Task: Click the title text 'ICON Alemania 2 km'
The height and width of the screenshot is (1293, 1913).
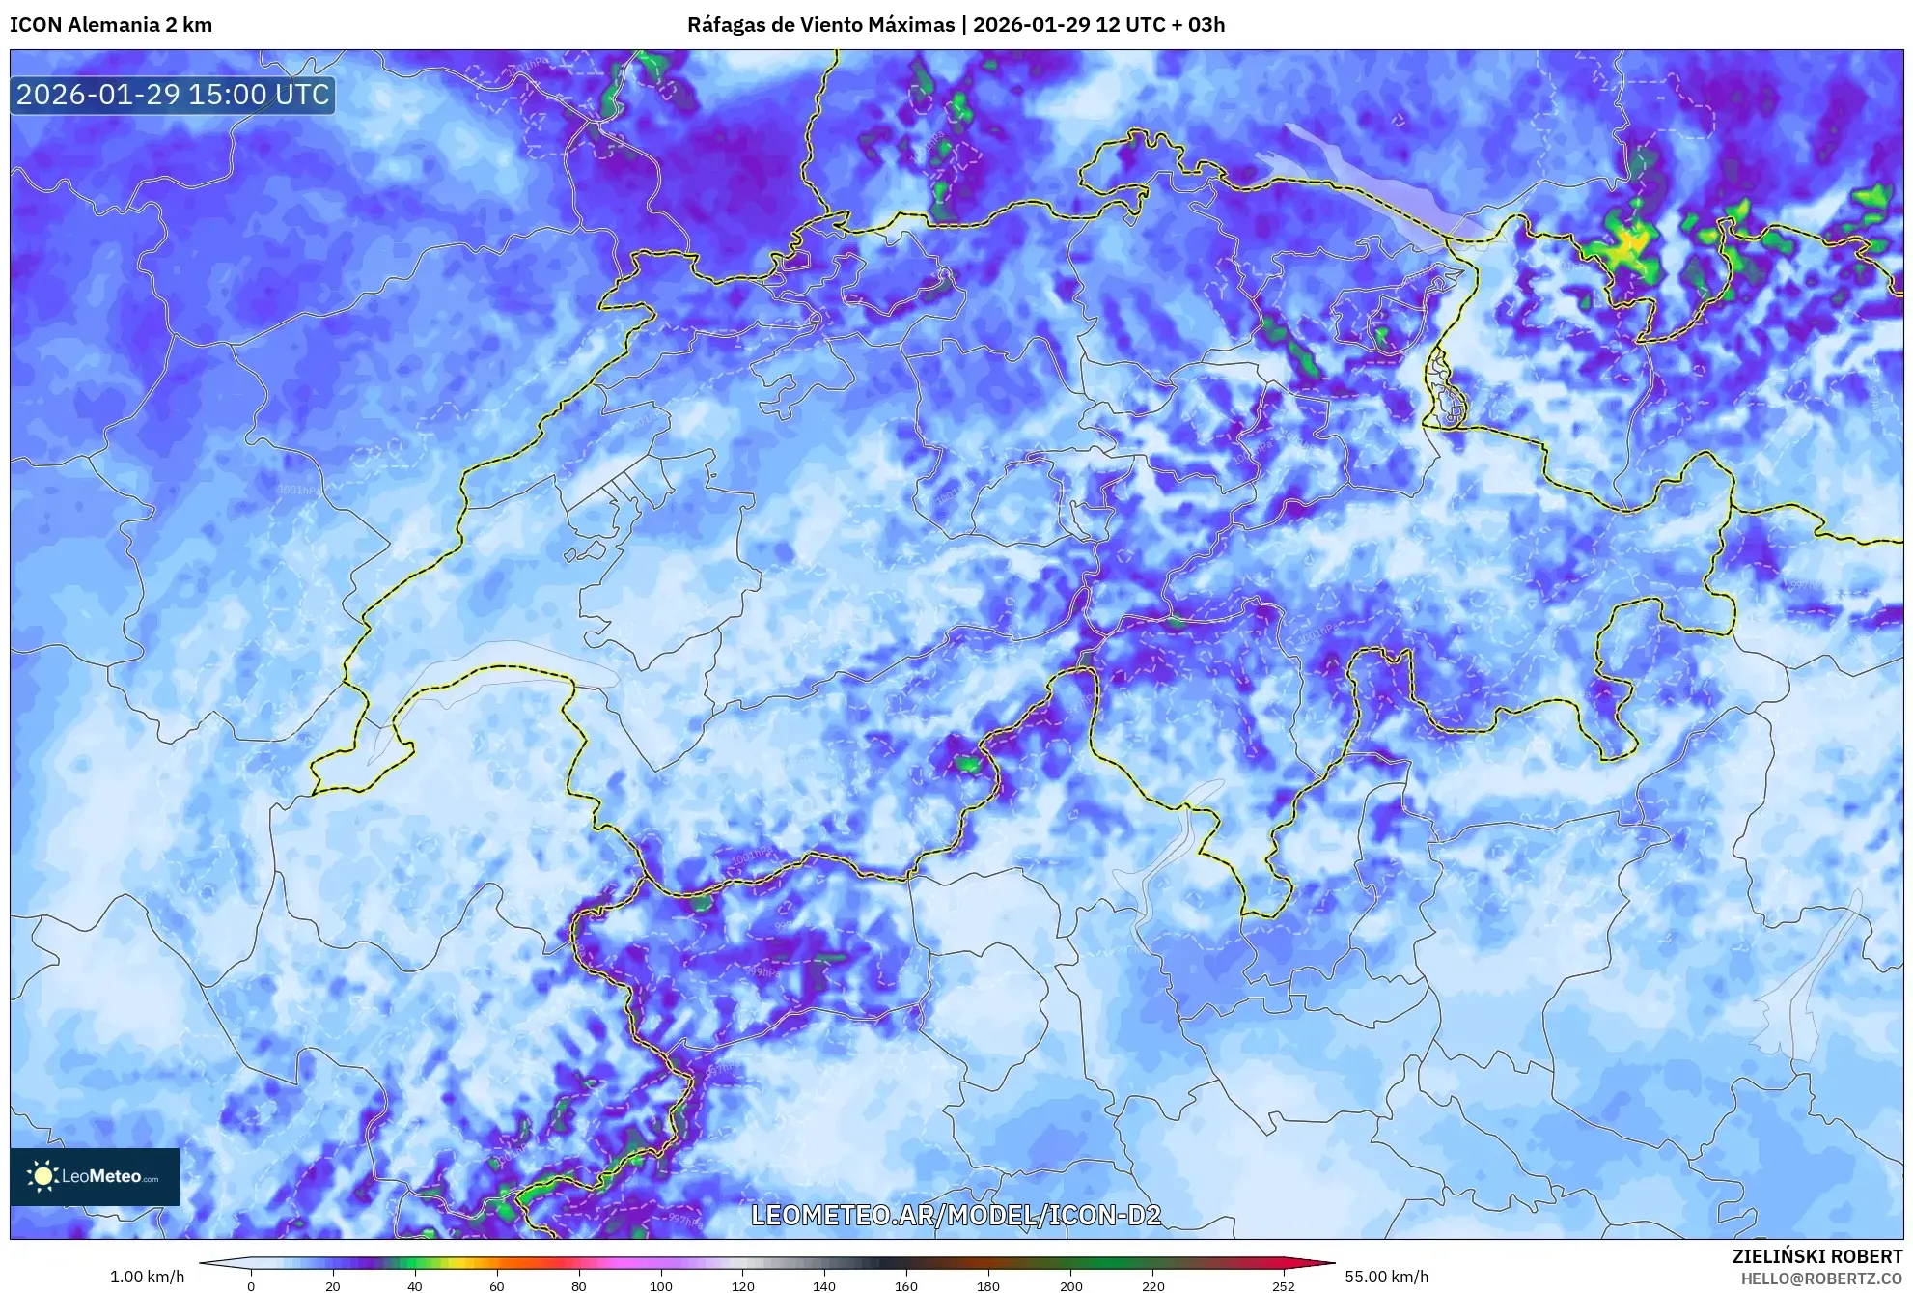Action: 111,25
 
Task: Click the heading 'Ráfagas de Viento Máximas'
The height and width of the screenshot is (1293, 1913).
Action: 819,25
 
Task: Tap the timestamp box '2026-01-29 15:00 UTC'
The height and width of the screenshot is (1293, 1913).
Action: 173,95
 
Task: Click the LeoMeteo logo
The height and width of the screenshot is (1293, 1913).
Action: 95,1176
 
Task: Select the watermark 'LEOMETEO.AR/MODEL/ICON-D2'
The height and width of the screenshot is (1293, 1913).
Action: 956,1215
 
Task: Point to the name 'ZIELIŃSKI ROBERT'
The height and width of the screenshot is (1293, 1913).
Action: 1817,1256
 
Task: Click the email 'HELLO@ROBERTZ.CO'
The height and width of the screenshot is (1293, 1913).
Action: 1821,1279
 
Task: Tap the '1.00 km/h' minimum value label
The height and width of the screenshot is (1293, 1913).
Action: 147,1277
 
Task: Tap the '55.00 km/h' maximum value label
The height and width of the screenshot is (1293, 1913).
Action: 1386,1277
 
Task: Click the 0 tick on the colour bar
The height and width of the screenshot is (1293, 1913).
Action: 251,1285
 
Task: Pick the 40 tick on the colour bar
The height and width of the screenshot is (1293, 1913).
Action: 415,1285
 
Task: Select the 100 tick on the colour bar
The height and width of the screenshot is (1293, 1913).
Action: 660,1285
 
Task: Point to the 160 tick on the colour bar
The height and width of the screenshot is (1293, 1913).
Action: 906,1285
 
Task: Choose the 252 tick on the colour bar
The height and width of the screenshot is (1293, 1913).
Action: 1283,1285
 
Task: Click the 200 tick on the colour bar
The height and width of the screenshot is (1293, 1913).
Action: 1070,1285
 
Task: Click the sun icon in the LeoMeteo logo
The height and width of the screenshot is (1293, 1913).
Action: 42,1176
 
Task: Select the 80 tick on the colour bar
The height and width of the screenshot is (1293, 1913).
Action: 578,1285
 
